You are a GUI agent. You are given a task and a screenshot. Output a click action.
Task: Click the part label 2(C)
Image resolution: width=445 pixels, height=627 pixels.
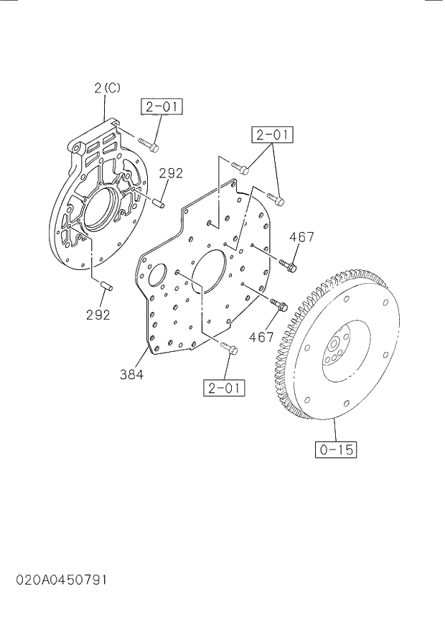[107, 88]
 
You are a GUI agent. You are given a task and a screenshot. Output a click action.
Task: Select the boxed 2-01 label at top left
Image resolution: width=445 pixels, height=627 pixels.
[161, 108]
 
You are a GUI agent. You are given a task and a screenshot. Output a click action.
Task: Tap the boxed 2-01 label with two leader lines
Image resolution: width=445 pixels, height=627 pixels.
[272, 134]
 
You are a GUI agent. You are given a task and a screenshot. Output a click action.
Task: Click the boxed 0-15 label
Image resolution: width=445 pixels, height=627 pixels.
[336, 450]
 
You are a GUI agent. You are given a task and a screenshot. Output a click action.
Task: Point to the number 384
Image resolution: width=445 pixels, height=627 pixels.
[131, 374]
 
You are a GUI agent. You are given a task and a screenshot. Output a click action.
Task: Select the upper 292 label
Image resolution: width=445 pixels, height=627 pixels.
[171, 173]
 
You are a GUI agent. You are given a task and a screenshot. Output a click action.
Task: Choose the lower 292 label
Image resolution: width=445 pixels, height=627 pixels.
[98, 315]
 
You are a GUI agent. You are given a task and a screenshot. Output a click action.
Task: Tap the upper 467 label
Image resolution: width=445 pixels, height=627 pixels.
[303, 237]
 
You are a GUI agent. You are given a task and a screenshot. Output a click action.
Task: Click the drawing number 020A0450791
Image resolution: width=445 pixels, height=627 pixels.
[54, 579]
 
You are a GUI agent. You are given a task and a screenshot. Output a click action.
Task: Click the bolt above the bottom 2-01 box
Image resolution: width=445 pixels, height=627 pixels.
[229, 349]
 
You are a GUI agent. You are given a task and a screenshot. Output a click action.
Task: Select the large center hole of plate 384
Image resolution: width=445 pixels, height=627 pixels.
[210, 270]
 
